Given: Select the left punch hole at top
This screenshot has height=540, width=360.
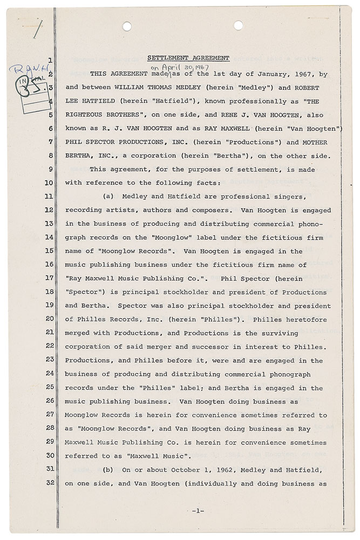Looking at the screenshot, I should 127,25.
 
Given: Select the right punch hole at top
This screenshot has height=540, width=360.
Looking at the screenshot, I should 239,25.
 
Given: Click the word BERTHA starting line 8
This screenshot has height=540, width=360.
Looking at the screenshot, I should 78,156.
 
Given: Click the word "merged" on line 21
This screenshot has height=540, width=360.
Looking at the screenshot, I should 78,332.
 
